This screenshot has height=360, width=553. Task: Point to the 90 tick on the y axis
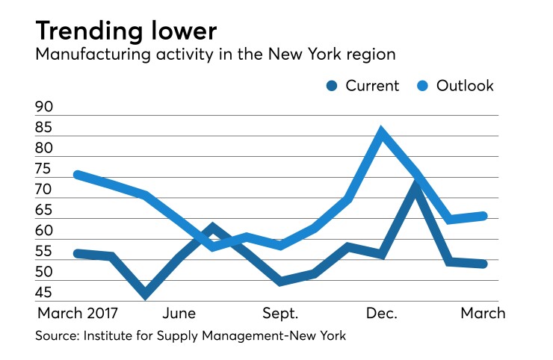[45, 108]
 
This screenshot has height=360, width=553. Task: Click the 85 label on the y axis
[45, 128]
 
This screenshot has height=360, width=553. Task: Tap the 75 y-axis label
[45, 170]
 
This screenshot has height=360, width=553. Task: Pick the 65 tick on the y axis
[45, 211]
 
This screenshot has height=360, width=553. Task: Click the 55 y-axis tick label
[45, 252]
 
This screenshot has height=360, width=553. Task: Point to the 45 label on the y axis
[45, 293]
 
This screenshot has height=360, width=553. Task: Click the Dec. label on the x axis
[381, 312]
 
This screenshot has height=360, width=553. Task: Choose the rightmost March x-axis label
[481, 312]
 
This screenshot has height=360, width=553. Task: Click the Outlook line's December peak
[382, 133]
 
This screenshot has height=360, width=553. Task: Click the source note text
[191, 336]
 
